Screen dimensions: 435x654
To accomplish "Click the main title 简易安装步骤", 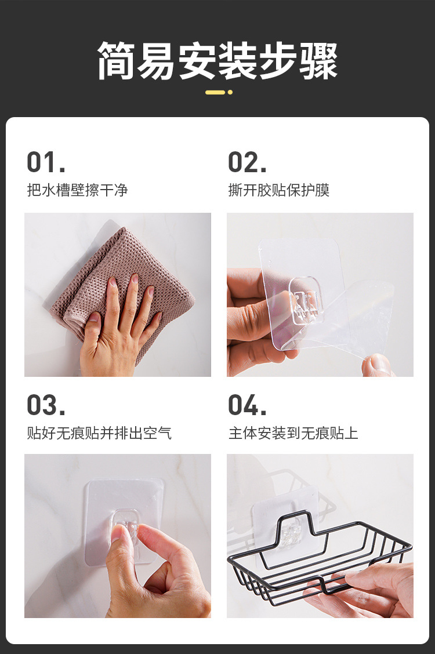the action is [x=217, y=61].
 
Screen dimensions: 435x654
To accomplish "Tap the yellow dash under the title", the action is [x=215, y=92].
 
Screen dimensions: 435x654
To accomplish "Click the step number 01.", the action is [x=46, y=162].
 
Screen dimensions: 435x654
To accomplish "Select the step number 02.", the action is [x=247, y=162].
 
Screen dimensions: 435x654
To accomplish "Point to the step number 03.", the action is [x=46, y=405].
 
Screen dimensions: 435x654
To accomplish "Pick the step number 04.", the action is [x=247, y=405].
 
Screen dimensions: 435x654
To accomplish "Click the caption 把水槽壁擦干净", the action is [x=77, y=190].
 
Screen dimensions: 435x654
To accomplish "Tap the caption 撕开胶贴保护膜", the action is [x=278, y=190].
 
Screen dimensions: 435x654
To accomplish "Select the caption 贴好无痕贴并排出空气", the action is [x=99, y=433].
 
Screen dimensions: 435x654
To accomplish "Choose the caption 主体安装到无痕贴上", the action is [x=293, y=433].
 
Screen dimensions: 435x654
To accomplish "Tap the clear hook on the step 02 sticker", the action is [x=307, y=300].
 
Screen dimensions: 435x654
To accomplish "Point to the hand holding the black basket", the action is [x=367, y=588].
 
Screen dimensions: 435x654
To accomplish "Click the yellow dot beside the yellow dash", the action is [x=230, y=92].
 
